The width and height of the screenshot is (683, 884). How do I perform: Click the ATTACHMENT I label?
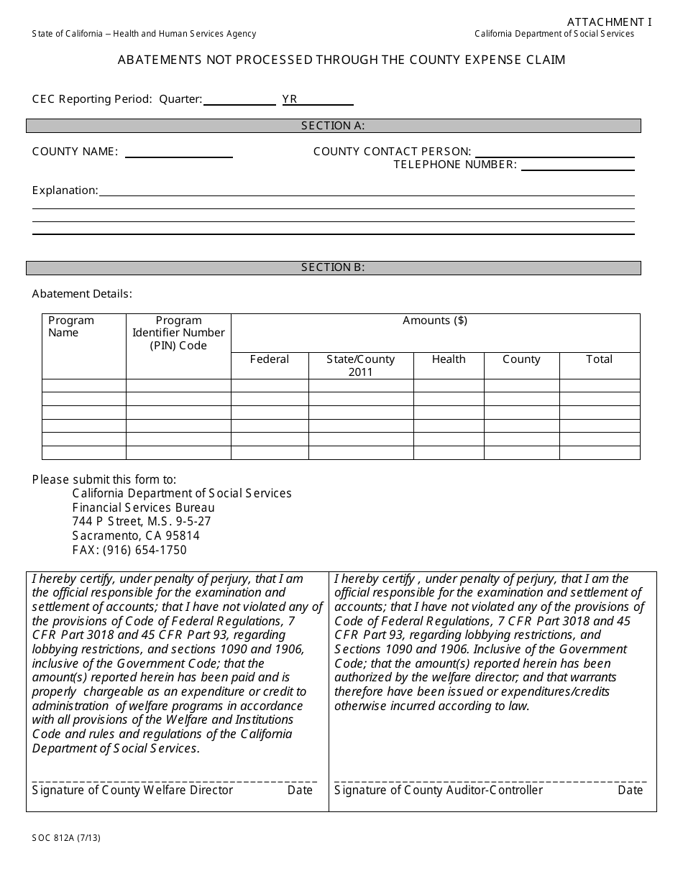pyautogui.click(x=608, y=22)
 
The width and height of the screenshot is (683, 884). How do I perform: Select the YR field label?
pyautogui.click(x=290, y=99)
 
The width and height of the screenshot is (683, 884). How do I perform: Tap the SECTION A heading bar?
pyautogui.click(x=333, y=126)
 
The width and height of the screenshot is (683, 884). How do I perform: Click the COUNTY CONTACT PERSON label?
pyautogui.click(x=392, y=152)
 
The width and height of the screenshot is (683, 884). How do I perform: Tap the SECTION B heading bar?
pyautogui.click(x=333, y=267)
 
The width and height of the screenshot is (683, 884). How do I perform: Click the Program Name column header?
pyautogui.click(x=71, y=326)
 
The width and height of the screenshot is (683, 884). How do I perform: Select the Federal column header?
pyautogui.click(x=270, y=359)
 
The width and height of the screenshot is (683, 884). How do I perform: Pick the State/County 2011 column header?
pyautogui.click(x=361, y=365)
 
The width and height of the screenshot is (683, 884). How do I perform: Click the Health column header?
pyautogui.click(x=449, y=359)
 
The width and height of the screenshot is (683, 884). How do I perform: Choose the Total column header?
pyautogui.click(x=599, y=359)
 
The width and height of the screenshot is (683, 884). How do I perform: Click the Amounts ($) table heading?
pyautogui.click(x=435, y=321)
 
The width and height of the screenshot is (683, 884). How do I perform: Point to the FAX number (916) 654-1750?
pyautogui.click(x=129, y=550)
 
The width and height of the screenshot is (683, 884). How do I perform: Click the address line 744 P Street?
pyautogui.click(x=142, y=521)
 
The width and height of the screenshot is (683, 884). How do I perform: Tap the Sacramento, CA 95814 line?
pyautogui.click(x=136, y=535)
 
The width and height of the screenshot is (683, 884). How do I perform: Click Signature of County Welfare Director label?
pyautogui.click(x=133, y=790)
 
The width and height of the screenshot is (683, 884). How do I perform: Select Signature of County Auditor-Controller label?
pyautogui.click(x=439, y=790)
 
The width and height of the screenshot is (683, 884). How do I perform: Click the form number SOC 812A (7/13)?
pyautogui.click(x=66, y=837)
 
